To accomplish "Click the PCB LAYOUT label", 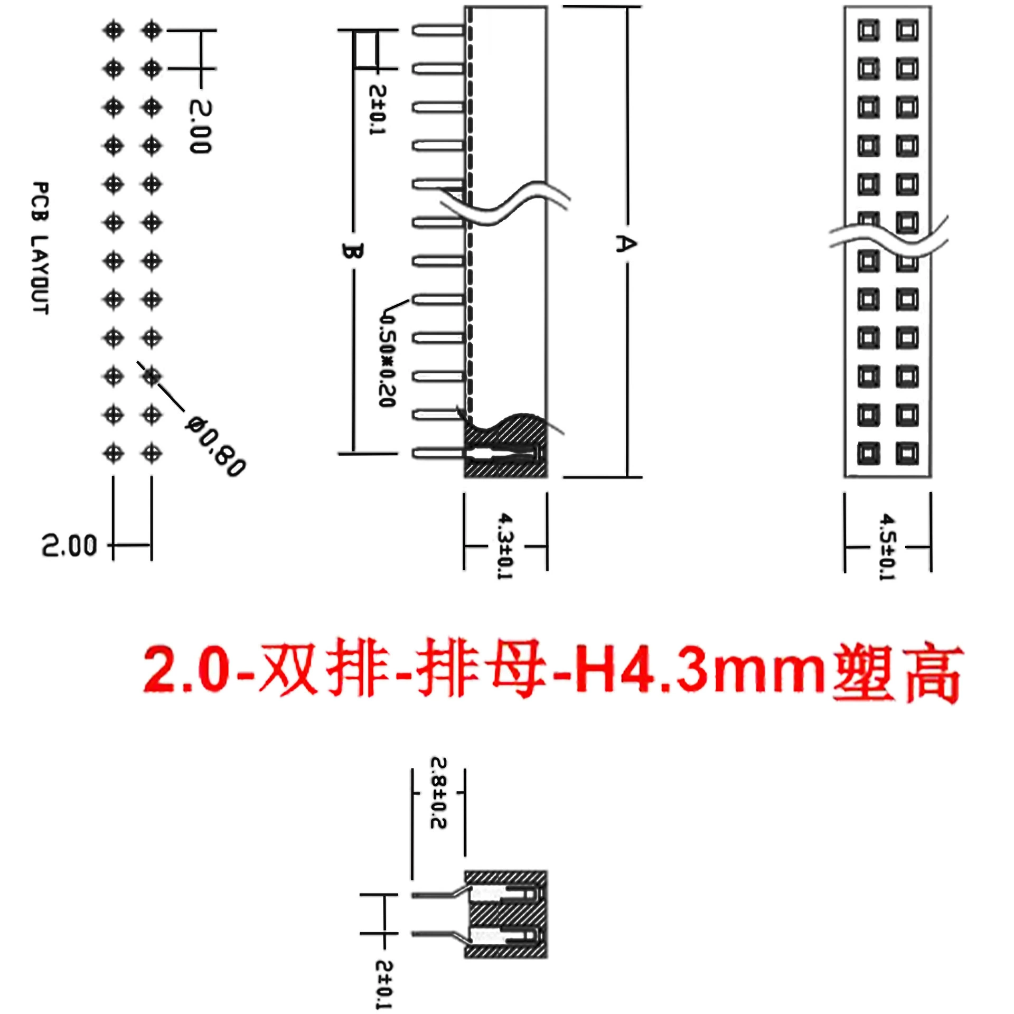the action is [x=40, y=248].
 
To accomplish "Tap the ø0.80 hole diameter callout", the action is [x=215, y=446].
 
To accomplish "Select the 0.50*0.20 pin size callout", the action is [x=388, y=359].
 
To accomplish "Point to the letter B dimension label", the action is [x=352, y=251].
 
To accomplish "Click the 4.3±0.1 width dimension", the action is [x=505, y=545].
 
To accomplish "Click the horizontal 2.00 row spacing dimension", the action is [x=70, y=545].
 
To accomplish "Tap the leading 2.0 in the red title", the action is [x=190, y=672].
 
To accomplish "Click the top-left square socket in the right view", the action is [x=868, y=30].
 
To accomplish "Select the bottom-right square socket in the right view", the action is [x=907, y=453].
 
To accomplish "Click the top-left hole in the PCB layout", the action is [x=113, y=30].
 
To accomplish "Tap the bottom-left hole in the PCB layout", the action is [x=113, y=453].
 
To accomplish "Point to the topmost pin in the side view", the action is [x=438, y=30].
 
